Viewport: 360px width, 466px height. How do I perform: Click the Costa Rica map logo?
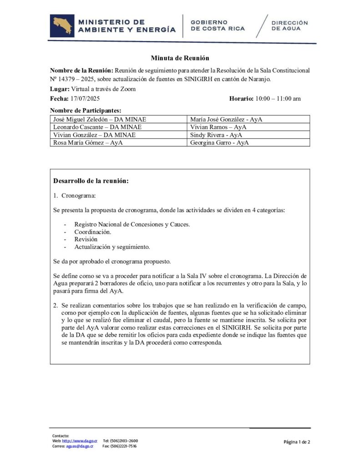point(63,25)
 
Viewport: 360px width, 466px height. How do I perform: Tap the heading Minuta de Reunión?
point(180,58)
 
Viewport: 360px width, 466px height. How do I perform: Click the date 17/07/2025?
point(86,99)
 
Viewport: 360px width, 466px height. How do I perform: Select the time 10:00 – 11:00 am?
point(278,99)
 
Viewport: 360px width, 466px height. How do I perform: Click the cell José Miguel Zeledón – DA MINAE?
point(100,119)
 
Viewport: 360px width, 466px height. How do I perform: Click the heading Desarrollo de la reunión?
point(91,181)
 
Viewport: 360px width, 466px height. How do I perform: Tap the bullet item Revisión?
point(86,239)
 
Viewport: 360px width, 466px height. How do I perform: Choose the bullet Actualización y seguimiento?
point(112,247)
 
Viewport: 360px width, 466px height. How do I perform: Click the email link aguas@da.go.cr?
point(79,446)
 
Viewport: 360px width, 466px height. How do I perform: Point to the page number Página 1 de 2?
point(297,442)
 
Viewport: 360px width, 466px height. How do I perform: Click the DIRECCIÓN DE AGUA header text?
point(289,25)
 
